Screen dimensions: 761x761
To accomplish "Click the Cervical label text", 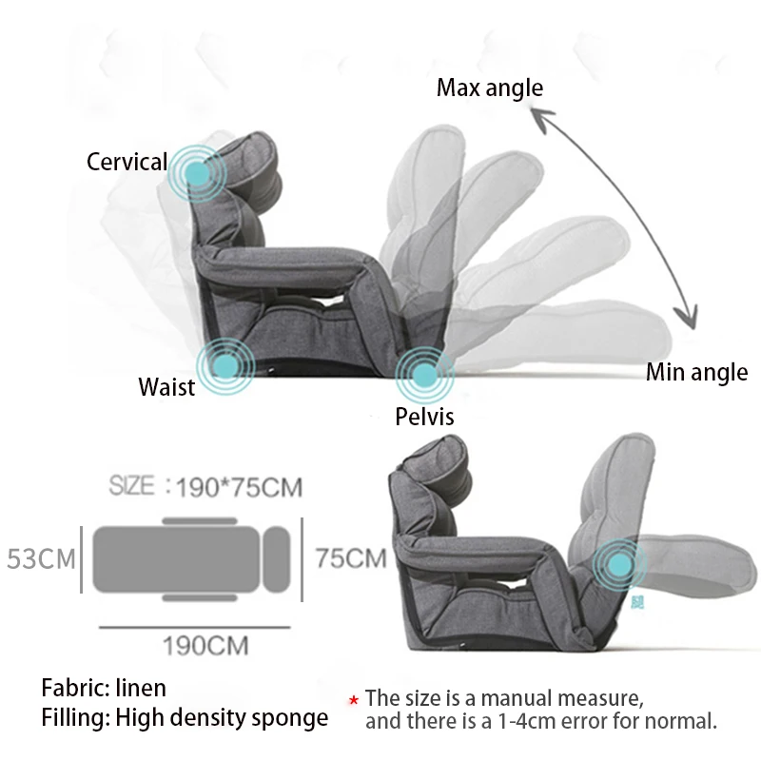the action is [127, 162].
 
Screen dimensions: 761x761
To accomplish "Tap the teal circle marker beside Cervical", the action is [197, 172].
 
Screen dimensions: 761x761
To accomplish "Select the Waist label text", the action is [166, 387].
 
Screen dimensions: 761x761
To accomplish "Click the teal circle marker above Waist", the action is [225, 364].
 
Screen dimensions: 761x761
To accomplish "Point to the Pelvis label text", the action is [425, 417].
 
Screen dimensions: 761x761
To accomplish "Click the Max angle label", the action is [490, 88].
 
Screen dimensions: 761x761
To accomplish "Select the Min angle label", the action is [696, 372].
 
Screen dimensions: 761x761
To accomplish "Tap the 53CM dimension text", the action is [41, 557].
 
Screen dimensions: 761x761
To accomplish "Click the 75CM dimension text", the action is [351, 557].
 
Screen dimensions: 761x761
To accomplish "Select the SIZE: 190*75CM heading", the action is [205, 487].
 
